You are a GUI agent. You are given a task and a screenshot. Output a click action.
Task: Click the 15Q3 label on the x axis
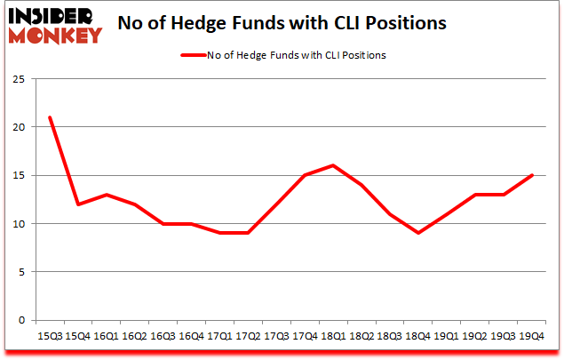point(49,336)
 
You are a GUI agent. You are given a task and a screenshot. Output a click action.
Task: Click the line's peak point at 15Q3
point(50,117)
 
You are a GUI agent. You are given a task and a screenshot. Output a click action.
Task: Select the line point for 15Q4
point(77,204)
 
